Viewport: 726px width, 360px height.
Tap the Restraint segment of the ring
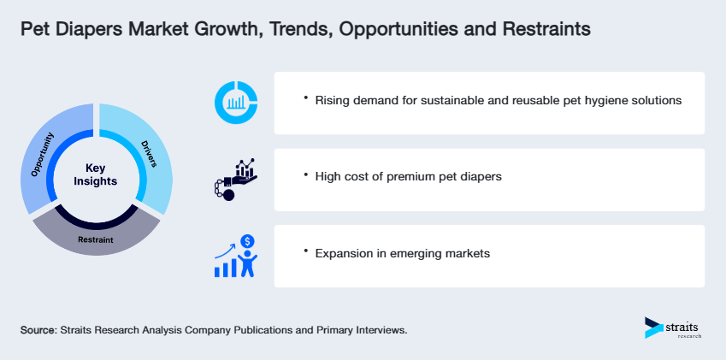pyautogui.click(x=96, y=239)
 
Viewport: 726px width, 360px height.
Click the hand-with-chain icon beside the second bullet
pyautogui.click(x=233, y=179)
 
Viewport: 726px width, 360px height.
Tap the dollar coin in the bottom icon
pyautogui.click(x=247, y=242)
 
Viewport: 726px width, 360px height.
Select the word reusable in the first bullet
pyautogui.click(x=515, y=101)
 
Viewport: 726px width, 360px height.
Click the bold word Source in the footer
pyautogui.click(x=38, y=329)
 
